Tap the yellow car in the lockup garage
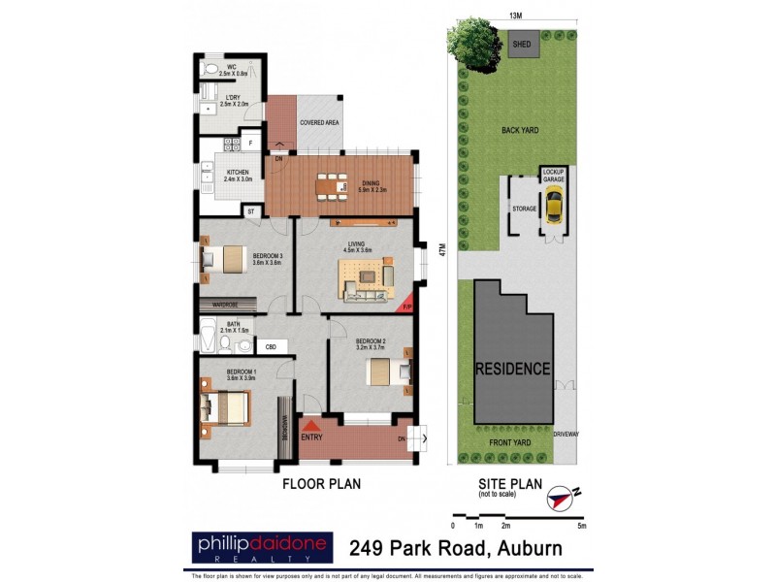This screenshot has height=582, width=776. coord(554,205)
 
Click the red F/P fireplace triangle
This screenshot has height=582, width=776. coord(408,304)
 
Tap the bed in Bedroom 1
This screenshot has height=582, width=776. coord(229,407)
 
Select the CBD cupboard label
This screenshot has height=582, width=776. coord(271,346)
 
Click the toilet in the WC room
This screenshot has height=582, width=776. coord(211,71)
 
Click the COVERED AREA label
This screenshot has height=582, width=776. coord(318,123)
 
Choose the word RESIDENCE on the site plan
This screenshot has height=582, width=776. coord(512,370)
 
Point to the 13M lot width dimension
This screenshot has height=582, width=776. coord(515,16)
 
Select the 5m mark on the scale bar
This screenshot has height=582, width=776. coord(580,526)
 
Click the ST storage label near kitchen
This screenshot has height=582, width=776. coord(249,210)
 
